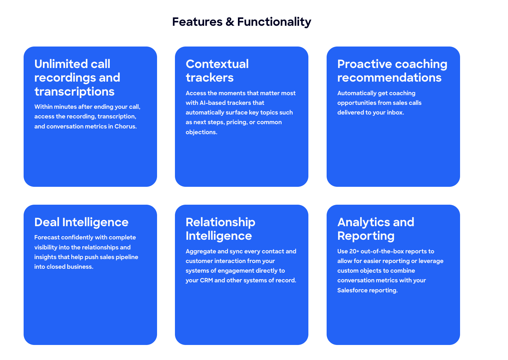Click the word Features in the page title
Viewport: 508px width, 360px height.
point(197,22)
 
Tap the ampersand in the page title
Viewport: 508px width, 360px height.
point(230,22)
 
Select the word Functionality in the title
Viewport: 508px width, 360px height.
point(274,22)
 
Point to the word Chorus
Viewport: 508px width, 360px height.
point(125,126)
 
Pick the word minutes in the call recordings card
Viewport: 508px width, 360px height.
point(65,107)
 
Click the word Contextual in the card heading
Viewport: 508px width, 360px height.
point(217,64)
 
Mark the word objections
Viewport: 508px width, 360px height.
point(201,132)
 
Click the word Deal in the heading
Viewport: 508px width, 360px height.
point(47,222)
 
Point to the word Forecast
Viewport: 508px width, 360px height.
point(47,237)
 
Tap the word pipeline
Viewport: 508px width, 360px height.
point(127,257)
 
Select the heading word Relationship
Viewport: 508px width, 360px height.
point(220,222)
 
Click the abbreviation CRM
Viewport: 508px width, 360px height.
point(206,280)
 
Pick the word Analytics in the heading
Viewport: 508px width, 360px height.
point(363,222)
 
